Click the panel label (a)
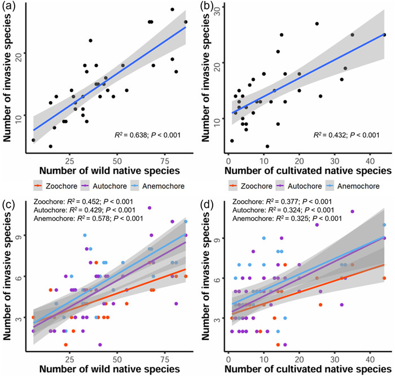pos(8,6)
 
